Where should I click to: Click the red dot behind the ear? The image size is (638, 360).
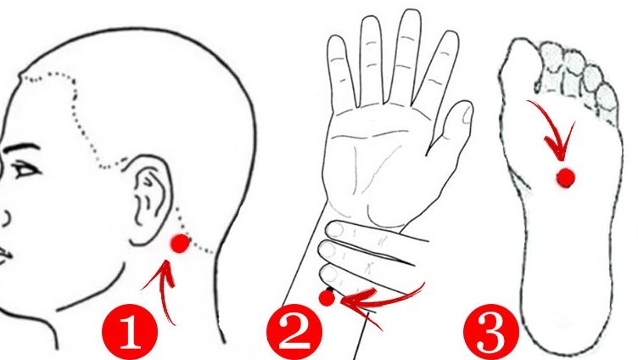pyautogui.click(x=180, y=244)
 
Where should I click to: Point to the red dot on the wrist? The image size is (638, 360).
pyautogui.click(x=327, y=299)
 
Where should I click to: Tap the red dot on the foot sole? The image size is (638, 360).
pyautogui.click(x=566, y=177)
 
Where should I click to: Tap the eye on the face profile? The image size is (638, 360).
pyautogui.click(x=25, y=170)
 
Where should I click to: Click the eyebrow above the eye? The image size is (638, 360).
pyautogui.click(x=20, y=148)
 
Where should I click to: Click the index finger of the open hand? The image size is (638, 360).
pyautogui.click(x=371, y=61)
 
